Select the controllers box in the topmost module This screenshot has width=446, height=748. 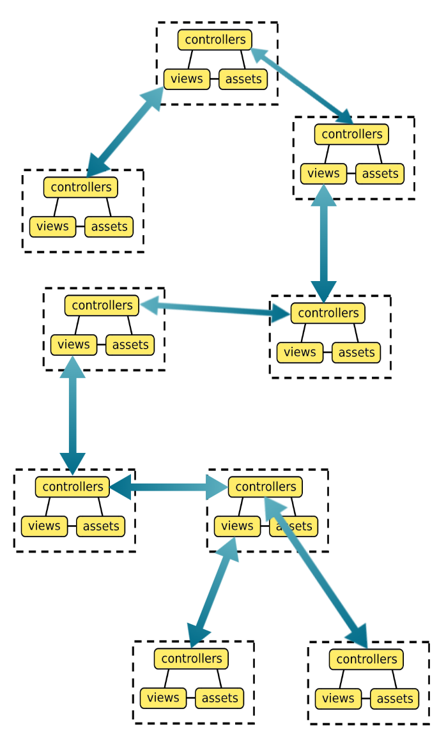[x=215, y=40]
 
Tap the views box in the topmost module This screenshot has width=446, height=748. [x=187, y=79]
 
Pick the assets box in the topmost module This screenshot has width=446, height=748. [x=243, y=79]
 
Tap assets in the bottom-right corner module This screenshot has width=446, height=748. [x=394, y=699]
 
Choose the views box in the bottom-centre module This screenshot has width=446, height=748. [x=163, y=698]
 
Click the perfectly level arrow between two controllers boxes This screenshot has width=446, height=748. [x=169, y=487]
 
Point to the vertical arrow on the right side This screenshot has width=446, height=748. [x=323, y=243]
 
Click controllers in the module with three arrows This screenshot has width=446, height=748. [x=265, y=487]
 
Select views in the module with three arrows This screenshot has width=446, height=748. [x=237, y=526]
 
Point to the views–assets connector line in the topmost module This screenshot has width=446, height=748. [x=214, y=80]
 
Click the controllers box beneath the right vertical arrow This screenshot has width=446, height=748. [x=328, y=313]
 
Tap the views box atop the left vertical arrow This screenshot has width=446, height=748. [x=73, y=344]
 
